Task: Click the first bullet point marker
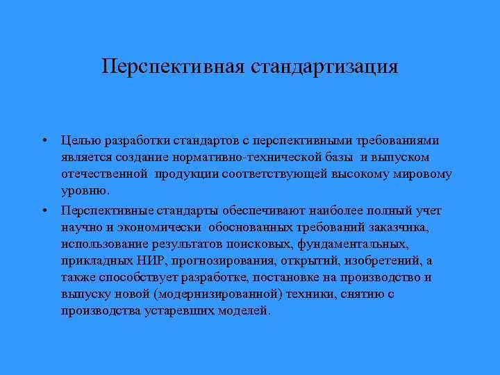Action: [44, 140]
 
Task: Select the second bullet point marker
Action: [44, 210]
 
